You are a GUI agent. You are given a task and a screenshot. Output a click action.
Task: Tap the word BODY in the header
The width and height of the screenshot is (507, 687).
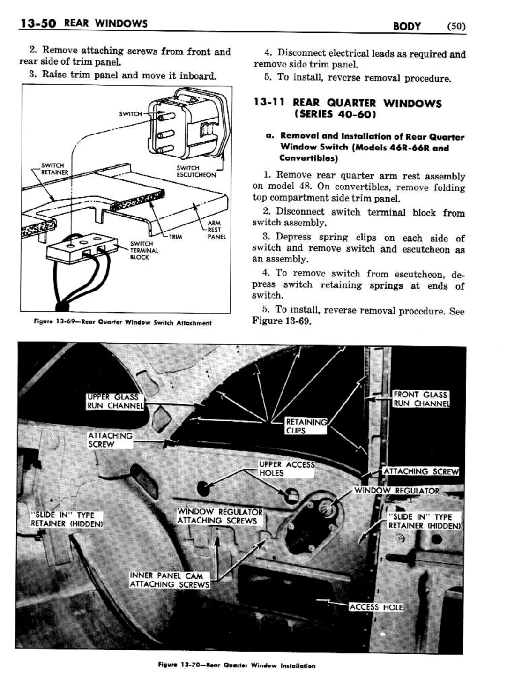click(407, 26)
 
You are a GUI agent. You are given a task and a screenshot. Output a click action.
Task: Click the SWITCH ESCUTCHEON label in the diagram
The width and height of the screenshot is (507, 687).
click(196, 172)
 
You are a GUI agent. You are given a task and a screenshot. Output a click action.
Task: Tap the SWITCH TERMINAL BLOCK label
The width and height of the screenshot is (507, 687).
click(144, 250)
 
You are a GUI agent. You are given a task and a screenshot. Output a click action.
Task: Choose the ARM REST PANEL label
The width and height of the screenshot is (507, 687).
click(216, 230)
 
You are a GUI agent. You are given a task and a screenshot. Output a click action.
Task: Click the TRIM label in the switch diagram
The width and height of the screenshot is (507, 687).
click(176, 237)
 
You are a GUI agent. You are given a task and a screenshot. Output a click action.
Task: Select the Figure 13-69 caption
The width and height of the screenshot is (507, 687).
click(122, 322)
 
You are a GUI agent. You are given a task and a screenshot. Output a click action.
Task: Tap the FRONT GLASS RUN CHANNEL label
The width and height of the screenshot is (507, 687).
click(420, 399)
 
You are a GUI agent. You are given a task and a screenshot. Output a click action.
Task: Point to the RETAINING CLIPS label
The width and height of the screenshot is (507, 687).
click(306, 426)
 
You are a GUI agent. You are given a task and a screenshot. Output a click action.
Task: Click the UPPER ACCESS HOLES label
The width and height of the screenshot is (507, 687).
click(286, 469)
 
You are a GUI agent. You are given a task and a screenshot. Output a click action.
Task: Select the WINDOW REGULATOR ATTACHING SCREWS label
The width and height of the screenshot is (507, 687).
click(219, 516)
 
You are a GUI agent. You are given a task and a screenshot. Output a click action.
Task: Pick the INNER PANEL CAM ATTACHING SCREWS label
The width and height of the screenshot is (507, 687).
click(170, 580)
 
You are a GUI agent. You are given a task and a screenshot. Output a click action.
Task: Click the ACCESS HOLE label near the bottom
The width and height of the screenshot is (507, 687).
click(376, 607)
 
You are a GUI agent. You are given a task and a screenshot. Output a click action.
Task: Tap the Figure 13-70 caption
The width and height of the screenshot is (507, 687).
click(237, 665)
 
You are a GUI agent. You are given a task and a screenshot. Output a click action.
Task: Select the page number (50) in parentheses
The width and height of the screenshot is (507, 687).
click(456, 26)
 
